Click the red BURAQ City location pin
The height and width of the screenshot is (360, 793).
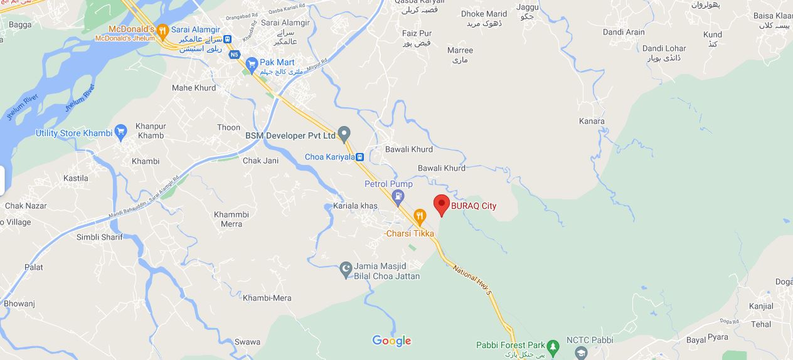click(x=442, y=204)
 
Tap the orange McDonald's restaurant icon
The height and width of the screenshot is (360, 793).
click(x=162, y=30)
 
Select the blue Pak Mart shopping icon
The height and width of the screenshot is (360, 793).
click(x=252, y=63)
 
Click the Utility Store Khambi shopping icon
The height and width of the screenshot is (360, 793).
click(x=121, y=132)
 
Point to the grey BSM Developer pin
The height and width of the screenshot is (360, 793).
click(x=344, y=134)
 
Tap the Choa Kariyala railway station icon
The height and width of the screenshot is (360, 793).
click(x=360, y=157)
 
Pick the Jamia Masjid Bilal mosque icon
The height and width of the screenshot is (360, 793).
click(x=345, y=270)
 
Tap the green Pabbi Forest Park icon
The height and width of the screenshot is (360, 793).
click(x=552, y=346)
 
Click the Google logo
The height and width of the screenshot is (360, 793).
click(x=391, y=341)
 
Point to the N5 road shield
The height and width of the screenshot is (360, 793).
click(x=235, y=55)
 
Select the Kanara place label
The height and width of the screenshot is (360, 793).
click(x=592, y=121)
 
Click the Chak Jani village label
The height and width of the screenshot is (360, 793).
click(x=260, y=161)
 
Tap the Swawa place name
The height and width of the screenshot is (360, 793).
click(x=247, y=342)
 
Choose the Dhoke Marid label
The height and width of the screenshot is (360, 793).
click(x=484, y=14)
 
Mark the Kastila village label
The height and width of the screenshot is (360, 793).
click(x=76, y=178)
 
